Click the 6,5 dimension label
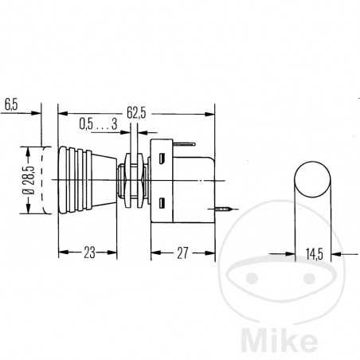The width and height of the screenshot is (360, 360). pos(12,104)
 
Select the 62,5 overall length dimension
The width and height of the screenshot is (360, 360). pos(137,114)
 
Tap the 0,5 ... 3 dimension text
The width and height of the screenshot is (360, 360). pos(99,125)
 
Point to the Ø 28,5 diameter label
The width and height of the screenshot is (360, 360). pos(28,180)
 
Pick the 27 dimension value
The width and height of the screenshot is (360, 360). pos(183,254)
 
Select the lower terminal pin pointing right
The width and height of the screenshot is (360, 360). pos(227,209)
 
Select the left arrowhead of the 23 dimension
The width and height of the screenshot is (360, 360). pos(62,255)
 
